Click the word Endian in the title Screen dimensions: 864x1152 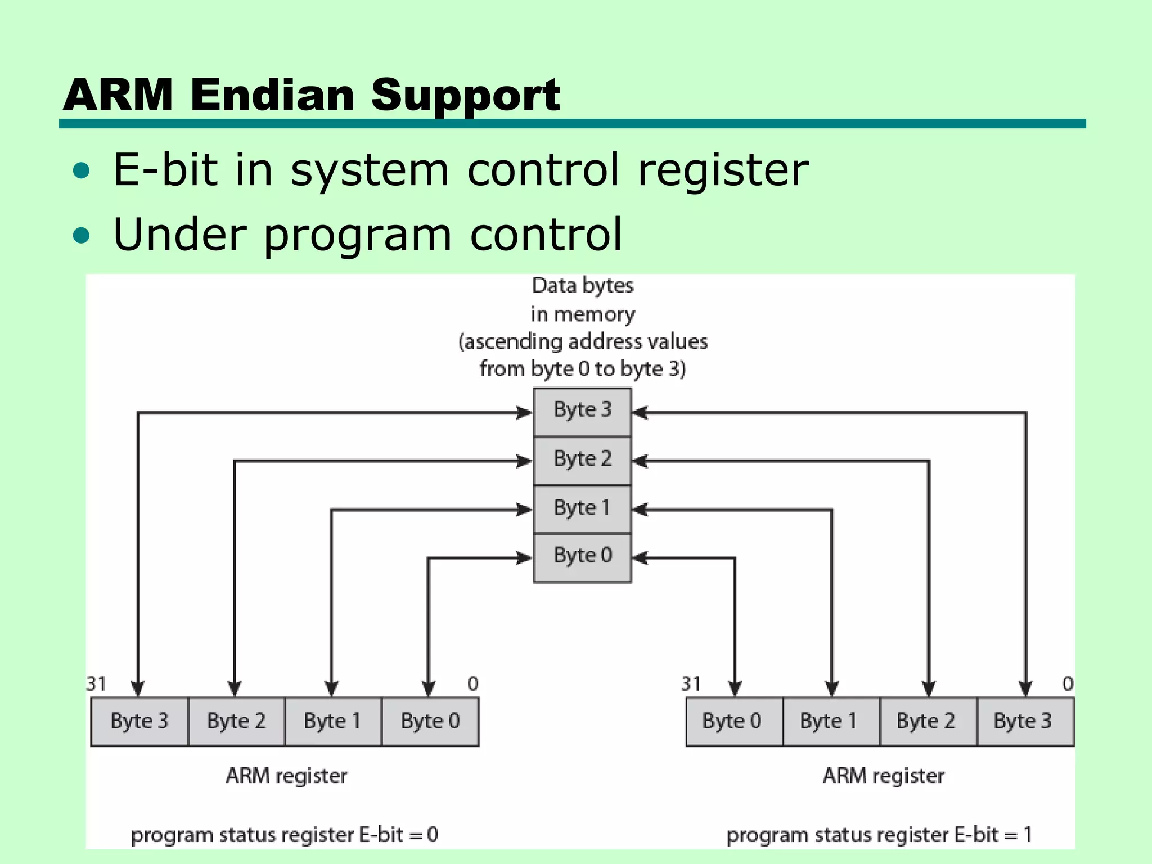(x=272, y=94)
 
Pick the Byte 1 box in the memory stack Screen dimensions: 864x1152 (x=582, y=508)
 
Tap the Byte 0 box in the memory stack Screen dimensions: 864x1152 (x=582, y=557)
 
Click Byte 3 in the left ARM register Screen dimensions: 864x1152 (x=139, y=722)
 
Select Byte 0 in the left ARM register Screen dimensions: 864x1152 (x=430, y=722)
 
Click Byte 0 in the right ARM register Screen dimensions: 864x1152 (x=732, y=722)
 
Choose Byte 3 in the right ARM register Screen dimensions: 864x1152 (x=1023, y=722)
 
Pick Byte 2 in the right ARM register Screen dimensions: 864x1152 (x=926, y=722)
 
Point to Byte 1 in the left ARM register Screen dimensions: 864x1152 (x=332, y=722)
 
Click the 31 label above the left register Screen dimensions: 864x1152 (x=96, y=684)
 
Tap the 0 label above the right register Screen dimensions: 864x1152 (x=1068, y=684)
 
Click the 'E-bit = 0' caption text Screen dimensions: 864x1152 (x=398, y=835)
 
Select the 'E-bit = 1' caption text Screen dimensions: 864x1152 (x=993, y=835)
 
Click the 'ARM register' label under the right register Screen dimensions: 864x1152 (x=883, y=776)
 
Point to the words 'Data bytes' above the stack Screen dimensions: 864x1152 (x=583, y=286)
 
